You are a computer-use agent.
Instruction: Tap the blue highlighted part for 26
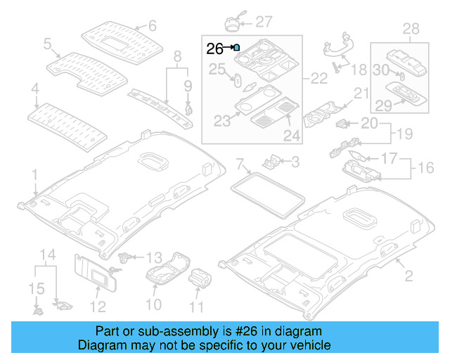pos(236,48)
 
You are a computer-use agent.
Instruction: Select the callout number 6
pos(151,27)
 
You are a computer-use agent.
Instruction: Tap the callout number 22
pos(319,79)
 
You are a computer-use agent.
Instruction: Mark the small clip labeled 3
pos(271,162)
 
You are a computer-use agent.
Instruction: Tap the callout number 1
pos(34,172)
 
